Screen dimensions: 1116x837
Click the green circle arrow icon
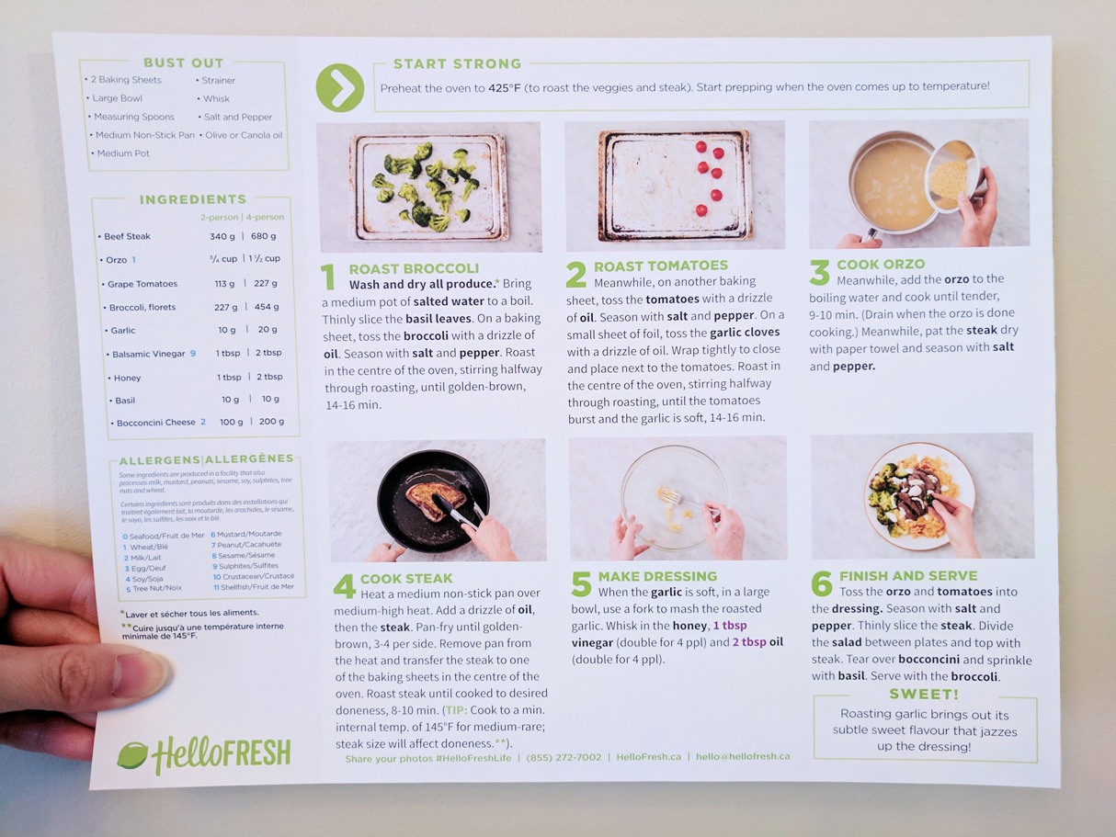click(x=339, y=87)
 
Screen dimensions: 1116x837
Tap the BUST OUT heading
click(x=184, y=62)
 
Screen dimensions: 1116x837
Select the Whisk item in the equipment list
click(x=216, y=98)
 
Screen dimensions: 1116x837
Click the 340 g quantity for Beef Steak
click(x=222, y=236)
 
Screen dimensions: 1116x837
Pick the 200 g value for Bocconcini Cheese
click(x=271, y=422)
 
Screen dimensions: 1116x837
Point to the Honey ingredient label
click(x=127, y=378)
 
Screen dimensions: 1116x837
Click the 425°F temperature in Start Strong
click(x=505, y=88)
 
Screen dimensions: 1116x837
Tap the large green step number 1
click(x=328, y=277)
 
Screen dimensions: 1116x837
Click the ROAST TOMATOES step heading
click(x=661, y=266)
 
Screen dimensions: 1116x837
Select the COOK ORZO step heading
click(x=881, y=265)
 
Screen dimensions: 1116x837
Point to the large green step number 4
click(x=344, y=587)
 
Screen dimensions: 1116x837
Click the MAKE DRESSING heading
click(x=657, y=576)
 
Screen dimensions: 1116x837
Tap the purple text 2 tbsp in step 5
click(x=749, y=642)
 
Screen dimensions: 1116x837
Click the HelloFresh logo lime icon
click(x=131, y=754)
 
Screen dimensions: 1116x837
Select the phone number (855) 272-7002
click(x=564, y=757)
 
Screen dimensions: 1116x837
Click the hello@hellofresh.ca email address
click(x=743, y=756)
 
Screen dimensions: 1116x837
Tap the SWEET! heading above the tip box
click(x=924, y=695)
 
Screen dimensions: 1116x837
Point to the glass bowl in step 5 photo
click(x=674, y=498)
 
